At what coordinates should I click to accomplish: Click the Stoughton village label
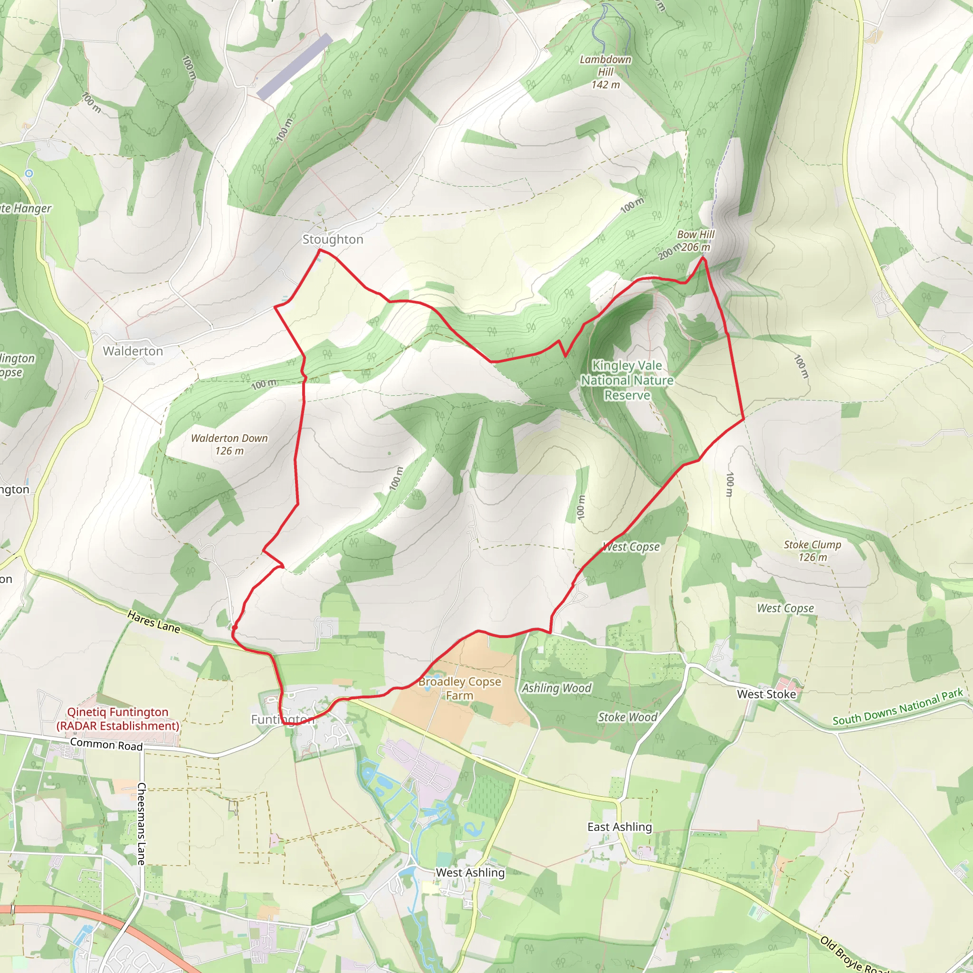coord(333,239)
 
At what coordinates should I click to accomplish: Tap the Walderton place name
coord(133,351)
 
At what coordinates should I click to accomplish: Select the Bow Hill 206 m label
coord(695,241)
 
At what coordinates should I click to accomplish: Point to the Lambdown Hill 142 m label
coord(605,72)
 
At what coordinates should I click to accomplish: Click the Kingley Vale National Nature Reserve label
coord(627,380)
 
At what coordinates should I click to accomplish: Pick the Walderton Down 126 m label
coord(229,444)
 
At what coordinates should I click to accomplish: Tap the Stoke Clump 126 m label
coord(812,551)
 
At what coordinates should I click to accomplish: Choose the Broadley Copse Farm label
coord(460,688)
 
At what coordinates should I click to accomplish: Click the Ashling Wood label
coord(556,688)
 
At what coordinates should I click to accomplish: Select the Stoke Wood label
coord(628,716)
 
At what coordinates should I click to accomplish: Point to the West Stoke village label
coord(766,694)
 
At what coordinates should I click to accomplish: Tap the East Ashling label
coord(620,827)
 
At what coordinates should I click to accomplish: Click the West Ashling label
coord(470,872)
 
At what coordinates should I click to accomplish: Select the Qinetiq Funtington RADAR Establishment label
coord(118,719)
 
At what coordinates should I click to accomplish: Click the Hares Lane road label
coord(153,621)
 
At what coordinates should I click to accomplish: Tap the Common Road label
coord(106,744)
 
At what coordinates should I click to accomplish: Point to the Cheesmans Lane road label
coord(142,823)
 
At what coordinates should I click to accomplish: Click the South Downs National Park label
coord(897,707)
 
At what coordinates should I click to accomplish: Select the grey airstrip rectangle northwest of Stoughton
coord(295,66)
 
